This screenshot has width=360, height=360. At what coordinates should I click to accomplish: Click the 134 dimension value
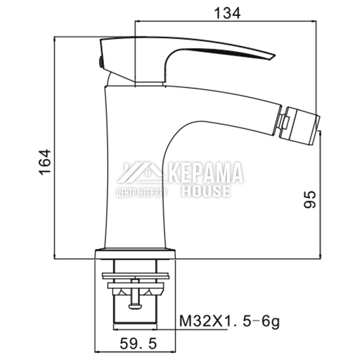[x=227, y=13]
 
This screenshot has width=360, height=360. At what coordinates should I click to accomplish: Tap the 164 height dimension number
[x=45, y=162]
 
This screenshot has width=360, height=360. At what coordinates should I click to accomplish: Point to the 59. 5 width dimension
[x=138, y=343]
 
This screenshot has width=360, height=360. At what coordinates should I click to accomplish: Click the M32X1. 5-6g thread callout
[x=229, y=321]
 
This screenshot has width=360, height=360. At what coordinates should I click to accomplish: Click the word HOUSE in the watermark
[x=206, y=191]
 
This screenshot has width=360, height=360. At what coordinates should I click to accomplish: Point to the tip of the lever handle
[x=275, y=55]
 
